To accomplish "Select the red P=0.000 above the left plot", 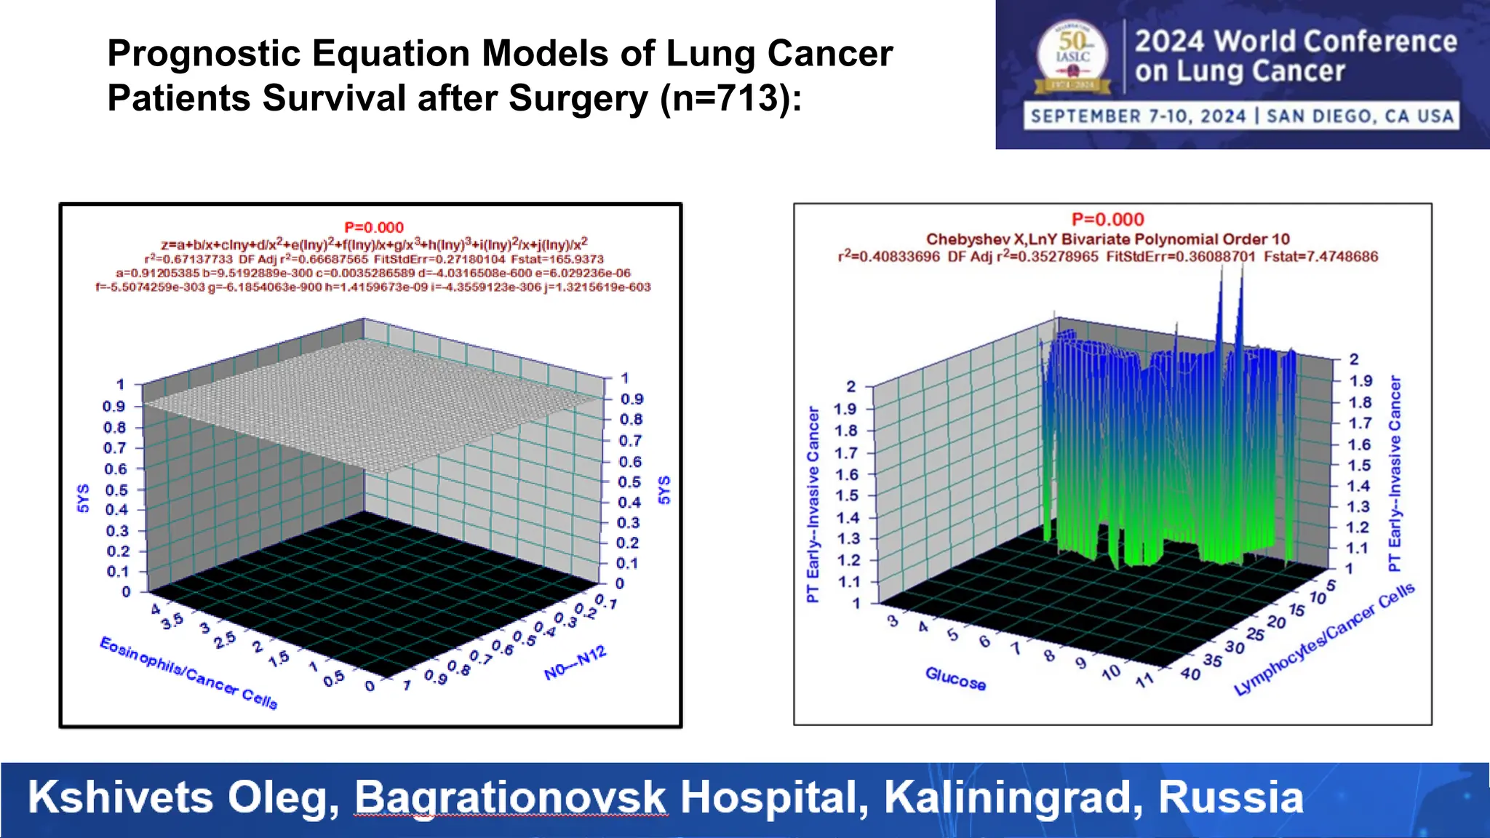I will pos(373,228).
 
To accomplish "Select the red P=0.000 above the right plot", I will pos(1107,220).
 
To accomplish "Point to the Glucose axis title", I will pos(955,679).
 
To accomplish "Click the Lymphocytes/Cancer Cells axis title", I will pos(1324,639).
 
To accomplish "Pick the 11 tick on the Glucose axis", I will pos(1144,680).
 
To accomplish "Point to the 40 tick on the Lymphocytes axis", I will pos(1190,674).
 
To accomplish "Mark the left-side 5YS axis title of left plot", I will pos(83,498).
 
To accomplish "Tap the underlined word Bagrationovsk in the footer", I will pos(510,797).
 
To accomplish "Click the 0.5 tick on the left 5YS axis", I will pos(115,490).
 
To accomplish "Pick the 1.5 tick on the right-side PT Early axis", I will pos(1359,466).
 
